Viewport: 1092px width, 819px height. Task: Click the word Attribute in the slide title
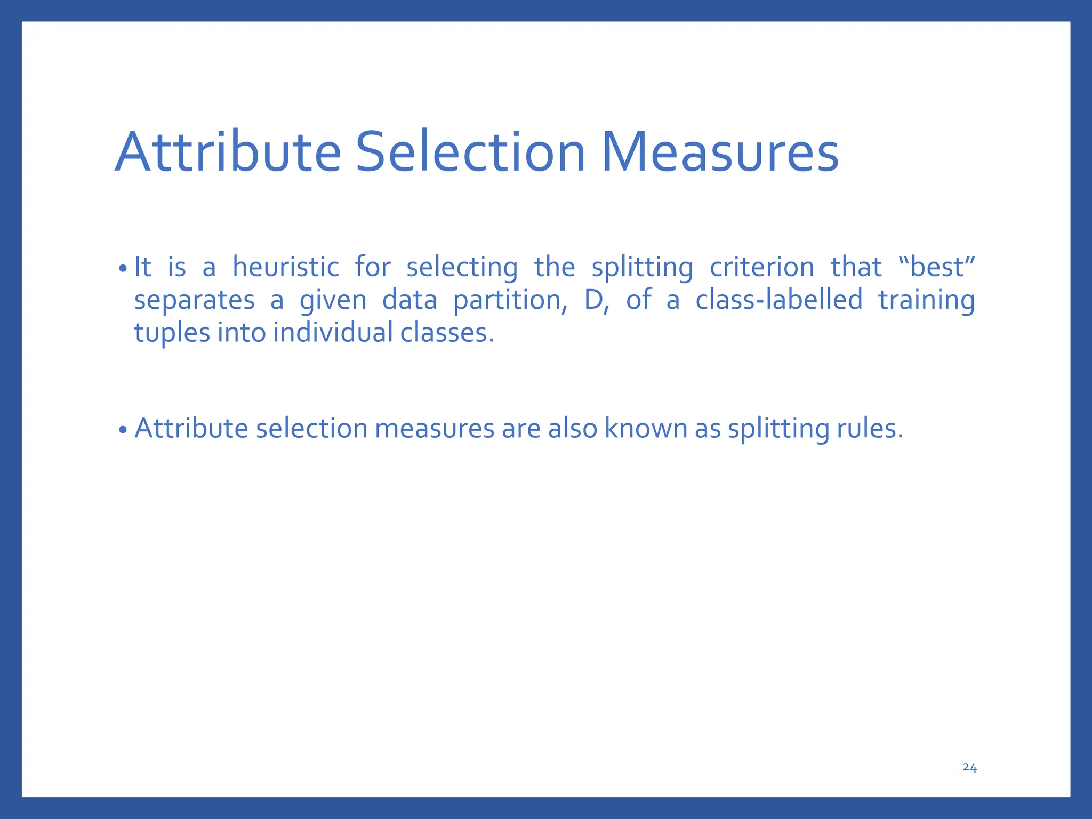pos(228,153)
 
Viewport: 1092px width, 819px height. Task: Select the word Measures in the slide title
pos(720,153)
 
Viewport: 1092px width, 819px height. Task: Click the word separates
pos(194,300)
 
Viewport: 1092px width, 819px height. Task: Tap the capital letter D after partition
pos(593,300)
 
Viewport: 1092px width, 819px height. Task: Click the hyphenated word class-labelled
pos(778,300)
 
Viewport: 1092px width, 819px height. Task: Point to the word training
pos(926,300)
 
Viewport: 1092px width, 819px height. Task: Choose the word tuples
pos(172,333)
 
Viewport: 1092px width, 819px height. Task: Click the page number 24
pos(969,767)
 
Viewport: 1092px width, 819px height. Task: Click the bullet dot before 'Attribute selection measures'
pos(123,430)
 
